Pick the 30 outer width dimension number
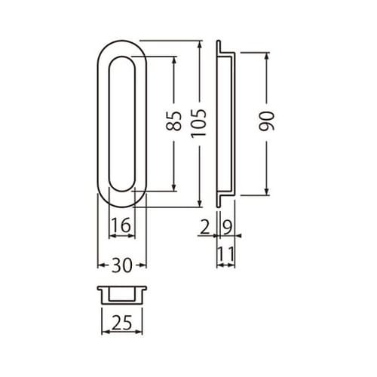[122, 265]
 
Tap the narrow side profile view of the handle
[225, 122]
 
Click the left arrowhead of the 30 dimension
[101, 265]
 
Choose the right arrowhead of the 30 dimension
[144, 265]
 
